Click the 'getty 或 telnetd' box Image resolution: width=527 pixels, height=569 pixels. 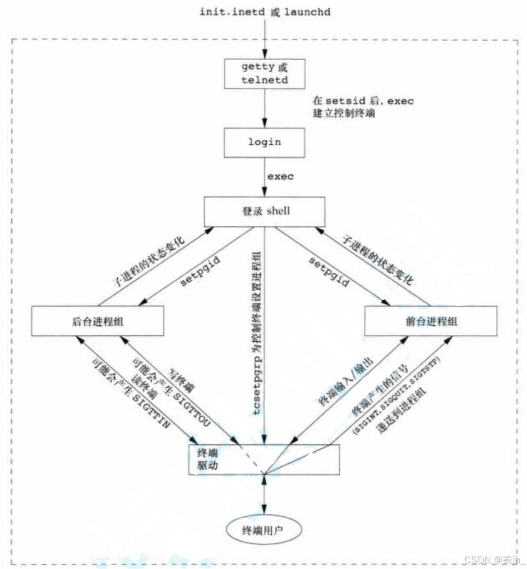[x=264, y=74]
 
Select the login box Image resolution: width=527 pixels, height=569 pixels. [x=264, y=143]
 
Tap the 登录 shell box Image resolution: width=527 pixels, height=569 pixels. [x=264, y=211]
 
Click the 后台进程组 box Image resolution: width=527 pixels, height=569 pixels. [x=97, y=321]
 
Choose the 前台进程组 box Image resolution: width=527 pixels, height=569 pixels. [x=430, y=321]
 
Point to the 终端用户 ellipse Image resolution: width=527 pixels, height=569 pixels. [x=263, y=530]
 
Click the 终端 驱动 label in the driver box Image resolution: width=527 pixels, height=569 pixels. [x=207, y=459]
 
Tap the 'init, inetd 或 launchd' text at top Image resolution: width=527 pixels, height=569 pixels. [x=264, y=12]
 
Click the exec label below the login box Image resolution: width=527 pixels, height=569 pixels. [x=280, y=177]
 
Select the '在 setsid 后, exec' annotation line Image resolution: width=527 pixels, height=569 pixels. [x=363, y=101]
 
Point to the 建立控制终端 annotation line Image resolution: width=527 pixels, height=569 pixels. [x=344, y=113]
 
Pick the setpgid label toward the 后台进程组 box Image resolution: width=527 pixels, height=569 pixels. [x=200, y=271]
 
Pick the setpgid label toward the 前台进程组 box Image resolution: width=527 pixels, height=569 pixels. [x=328, y=271]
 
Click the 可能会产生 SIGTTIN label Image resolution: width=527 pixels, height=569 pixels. [x=131, y=393]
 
